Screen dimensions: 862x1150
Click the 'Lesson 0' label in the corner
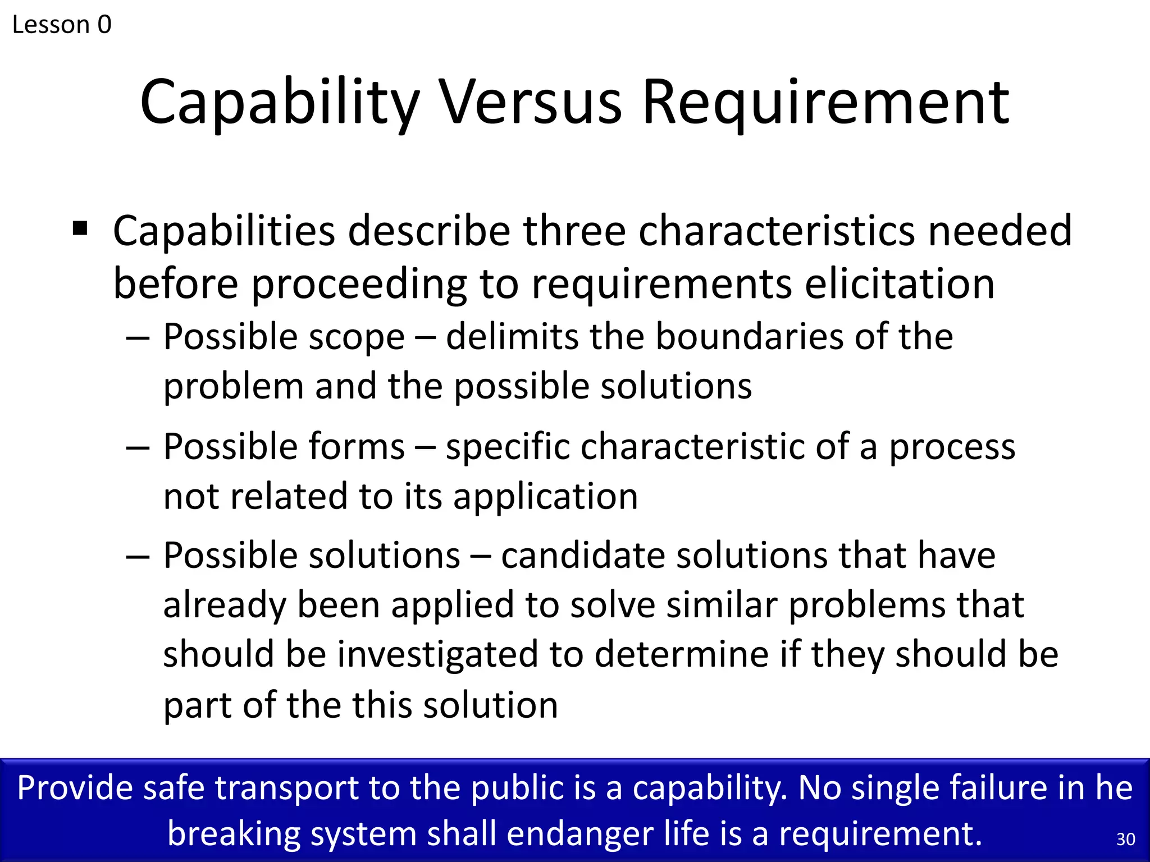coord(62,25)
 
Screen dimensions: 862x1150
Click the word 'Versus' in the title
coord(530,102)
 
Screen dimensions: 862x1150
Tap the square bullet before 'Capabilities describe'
coord(80,229)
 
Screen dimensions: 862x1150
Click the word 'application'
coord(545,497)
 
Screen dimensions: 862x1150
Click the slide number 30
coord(1125,839)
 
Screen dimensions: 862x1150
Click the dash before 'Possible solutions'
coord(138,557)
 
